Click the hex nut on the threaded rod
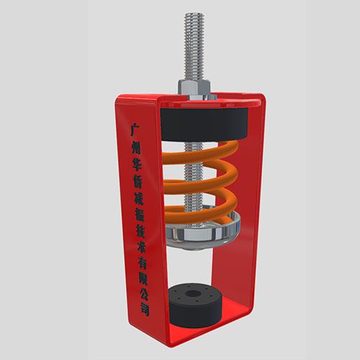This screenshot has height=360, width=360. (194, 87)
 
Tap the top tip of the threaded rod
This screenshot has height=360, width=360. (194, 13)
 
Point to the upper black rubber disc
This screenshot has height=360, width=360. (204, 125)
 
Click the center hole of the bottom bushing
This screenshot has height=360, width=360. (193, 293)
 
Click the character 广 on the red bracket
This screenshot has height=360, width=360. (135, 130)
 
